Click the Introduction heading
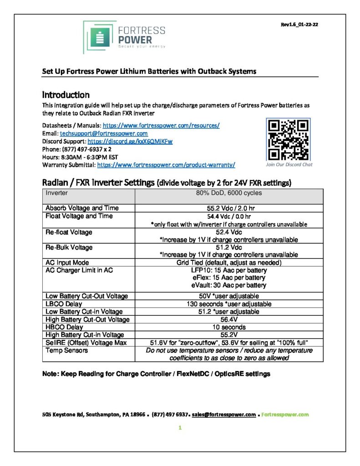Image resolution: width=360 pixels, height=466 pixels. point(66,95)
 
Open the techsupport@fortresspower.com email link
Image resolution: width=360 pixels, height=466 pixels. point(104,133)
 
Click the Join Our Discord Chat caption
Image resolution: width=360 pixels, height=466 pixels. point(289,164)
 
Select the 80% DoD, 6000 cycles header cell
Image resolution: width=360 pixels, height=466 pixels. point(229,193)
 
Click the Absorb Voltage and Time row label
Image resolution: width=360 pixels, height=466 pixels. point(82,208)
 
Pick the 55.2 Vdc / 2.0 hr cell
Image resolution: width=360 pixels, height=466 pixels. point(229,208)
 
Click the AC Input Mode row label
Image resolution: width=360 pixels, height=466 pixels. point(67,263)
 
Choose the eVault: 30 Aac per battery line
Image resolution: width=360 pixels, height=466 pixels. point(229,285)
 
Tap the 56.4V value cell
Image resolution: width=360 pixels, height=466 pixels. point(229,319)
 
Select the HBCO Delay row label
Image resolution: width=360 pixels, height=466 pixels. point(65,327)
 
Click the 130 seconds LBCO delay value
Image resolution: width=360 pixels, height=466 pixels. point(229,304)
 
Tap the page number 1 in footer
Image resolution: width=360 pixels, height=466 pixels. point(180,428)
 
